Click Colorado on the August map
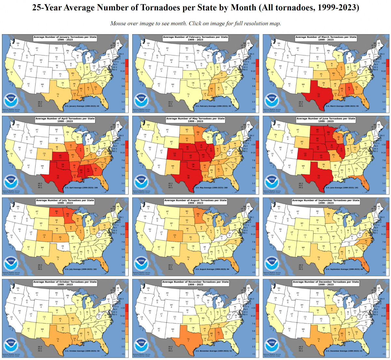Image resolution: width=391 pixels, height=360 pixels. [175, 235]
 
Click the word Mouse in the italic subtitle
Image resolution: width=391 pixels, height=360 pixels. [117, 23]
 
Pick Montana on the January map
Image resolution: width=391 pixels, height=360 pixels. [37, 49]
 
